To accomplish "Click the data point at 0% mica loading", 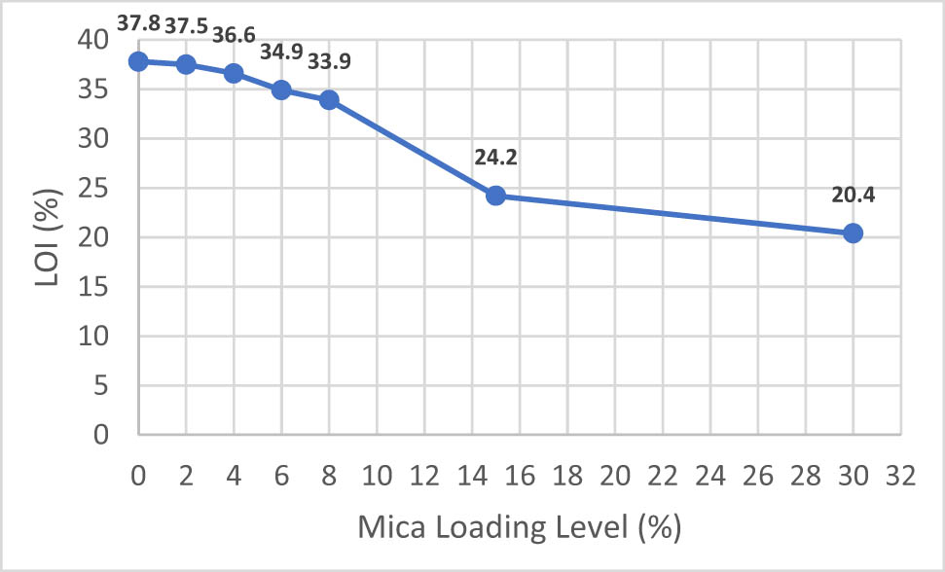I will (x=138, y=61).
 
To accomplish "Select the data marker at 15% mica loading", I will (x=495, y=196).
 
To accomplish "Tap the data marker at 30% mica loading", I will (x=853, y=233).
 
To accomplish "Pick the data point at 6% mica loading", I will (x=281, y=89).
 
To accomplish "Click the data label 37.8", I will (x=138, y=21).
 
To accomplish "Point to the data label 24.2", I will (x=495, y=155).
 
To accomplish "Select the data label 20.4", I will (x=853, y=195).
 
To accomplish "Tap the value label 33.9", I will (x=329, y=61).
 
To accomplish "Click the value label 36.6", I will (x=234, y=34).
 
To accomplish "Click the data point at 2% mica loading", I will (x=186, y=64).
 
